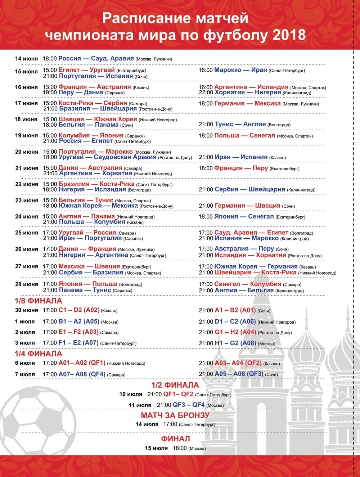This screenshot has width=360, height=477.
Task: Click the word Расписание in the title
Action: pos(145,18)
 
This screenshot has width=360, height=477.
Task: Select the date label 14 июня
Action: pos(26,59)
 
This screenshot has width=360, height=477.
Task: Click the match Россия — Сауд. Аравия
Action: pos(96,59)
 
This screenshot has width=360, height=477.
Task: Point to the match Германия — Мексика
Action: pos(247,104)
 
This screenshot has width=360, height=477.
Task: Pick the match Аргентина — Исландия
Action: pos(251,87)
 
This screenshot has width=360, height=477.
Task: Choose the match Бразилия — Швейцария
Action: pos(98,108)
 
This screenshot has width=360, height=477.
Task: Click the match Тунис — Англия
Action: pos(240,124)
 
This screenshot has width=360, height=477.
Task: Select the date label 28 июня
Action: pos(26,284)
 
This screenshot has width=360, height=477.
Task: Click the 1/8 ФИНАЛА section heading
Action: pos(39,301)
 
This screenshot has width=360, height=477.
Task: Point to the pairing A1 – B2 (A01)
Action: pos(235,310)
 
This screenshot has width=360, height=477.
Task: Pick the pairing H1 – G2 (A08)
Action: pos(235,343)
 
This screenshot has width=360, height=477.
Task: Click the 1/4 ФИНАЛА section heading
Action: pos(39,354)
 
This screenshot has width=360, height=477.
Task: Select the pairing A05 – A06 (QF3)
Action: pos(239,374)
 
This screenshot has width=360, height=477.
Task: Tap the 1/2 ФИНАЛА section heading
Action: pos(175,385)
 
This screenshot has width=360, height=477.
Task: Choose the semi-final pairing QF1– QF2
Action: pos(178,394)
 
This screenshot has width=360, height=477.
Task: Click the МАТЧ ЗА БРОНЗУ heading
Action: pos(175,415)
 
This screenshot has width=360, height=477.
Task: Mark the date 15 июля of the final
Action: pos(156,448)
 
